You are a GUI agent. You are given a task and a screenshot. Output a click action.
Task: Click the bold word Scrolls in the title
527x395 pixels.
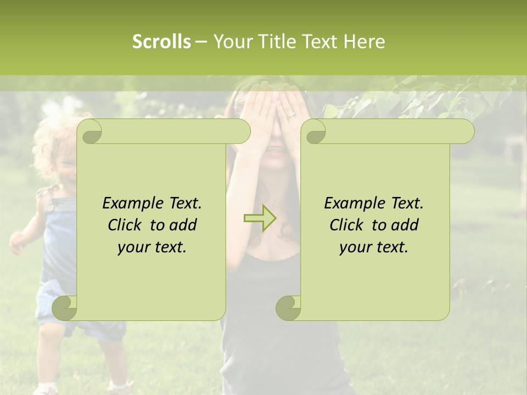pyautogui.click(x=161, y=42)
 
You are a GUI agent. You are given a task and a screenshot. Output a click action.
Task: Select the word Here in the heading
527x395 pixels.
pyautogui.click(x=365, y=42)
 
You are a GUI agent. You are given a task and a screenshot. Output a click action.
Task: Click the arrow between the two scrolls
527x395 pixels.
pyautogui.click(x=260, y=218)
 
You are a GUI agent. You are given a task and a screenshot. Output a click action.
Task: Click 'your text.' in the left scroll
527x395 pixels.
pyautogui.click(x=152, y=247)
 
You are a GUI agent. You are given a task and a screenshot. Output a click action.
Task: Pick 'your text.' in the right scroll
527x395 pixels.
pyautogui.click(x=374, y=247)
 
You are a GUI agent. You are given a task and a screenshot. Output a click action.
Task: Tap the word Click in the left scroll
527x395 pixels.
pyautogui.click(x=124, y=225)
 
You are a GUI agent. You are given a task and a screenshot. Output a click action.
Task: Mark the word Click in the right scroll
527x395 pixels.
pyautogui.click(x=346, y=225)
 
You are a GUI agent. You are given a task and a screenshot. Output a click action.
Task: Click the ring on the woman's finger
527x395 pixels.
pyautogui.click(x=291, y=115)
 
